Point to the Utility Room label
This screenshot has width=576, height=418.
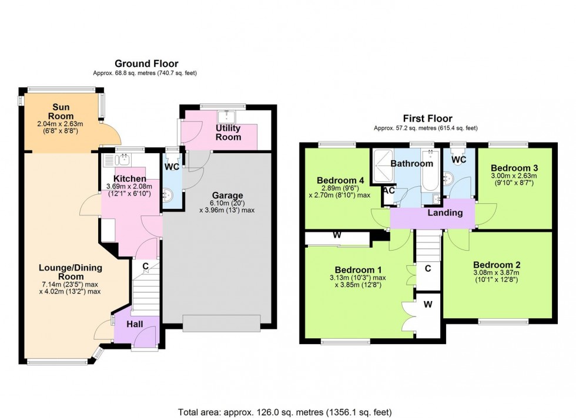tap(229, 132)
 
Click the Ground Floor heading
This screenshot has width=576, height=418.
tap(146, 63)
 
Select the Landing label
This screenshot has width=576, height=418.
tap(444, 213)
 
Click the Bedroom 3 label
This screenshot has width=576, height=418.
tap(515, 167)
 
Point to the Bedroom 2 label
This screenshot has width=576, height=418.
tap(496, 264)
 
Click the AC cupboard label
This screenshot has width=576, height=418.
tap(389, 190)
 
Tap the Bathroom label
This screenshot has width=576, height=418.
tap(413, 164)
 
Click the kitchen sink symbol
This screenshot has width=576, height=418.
tap(124, 160)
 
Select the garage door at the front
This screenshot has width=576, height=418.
tap(221, 323)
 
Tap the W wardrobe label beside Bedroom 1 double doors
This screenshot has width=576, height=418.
tap(428, 304)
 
